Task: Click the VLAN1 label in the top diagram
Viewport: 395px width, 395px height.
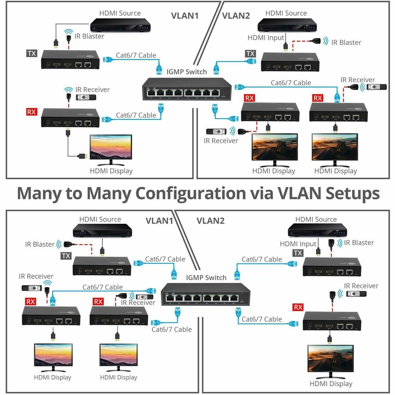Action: (x=185, y=15)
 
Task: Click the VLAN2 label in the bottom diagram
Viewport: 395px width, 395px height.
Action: (x=210, y=220)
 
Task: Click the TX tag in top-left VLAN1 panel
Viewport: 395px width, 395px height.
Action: (x=32, y=54)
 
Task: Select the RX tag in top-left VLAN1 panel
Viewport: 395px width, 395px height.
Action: (x=32, y=111)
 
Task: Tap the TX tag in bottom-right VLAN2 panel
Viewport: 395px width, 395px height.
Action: (x=298, y=253)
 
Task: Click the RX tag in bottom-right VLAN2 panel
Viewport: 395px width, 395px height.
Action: (x=298, y=306)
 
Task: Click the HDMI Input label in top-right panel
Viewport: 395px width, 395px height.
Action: (x=266, y=38)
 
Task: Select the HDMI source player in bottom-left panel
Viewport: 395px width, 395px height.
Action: (x=102, y=230)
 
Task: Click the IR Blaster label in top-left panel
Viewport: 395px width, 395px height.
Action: (x=90, y=36)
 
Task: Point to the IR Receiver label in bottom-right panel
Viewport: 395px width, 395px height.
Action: (x=361, y=286)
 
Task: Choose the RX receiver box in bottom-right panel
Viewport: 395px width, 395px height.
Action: (x=332, y=321)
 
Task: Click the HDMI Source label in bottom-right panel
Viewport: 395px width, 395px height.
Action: (x=316, y=219)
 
